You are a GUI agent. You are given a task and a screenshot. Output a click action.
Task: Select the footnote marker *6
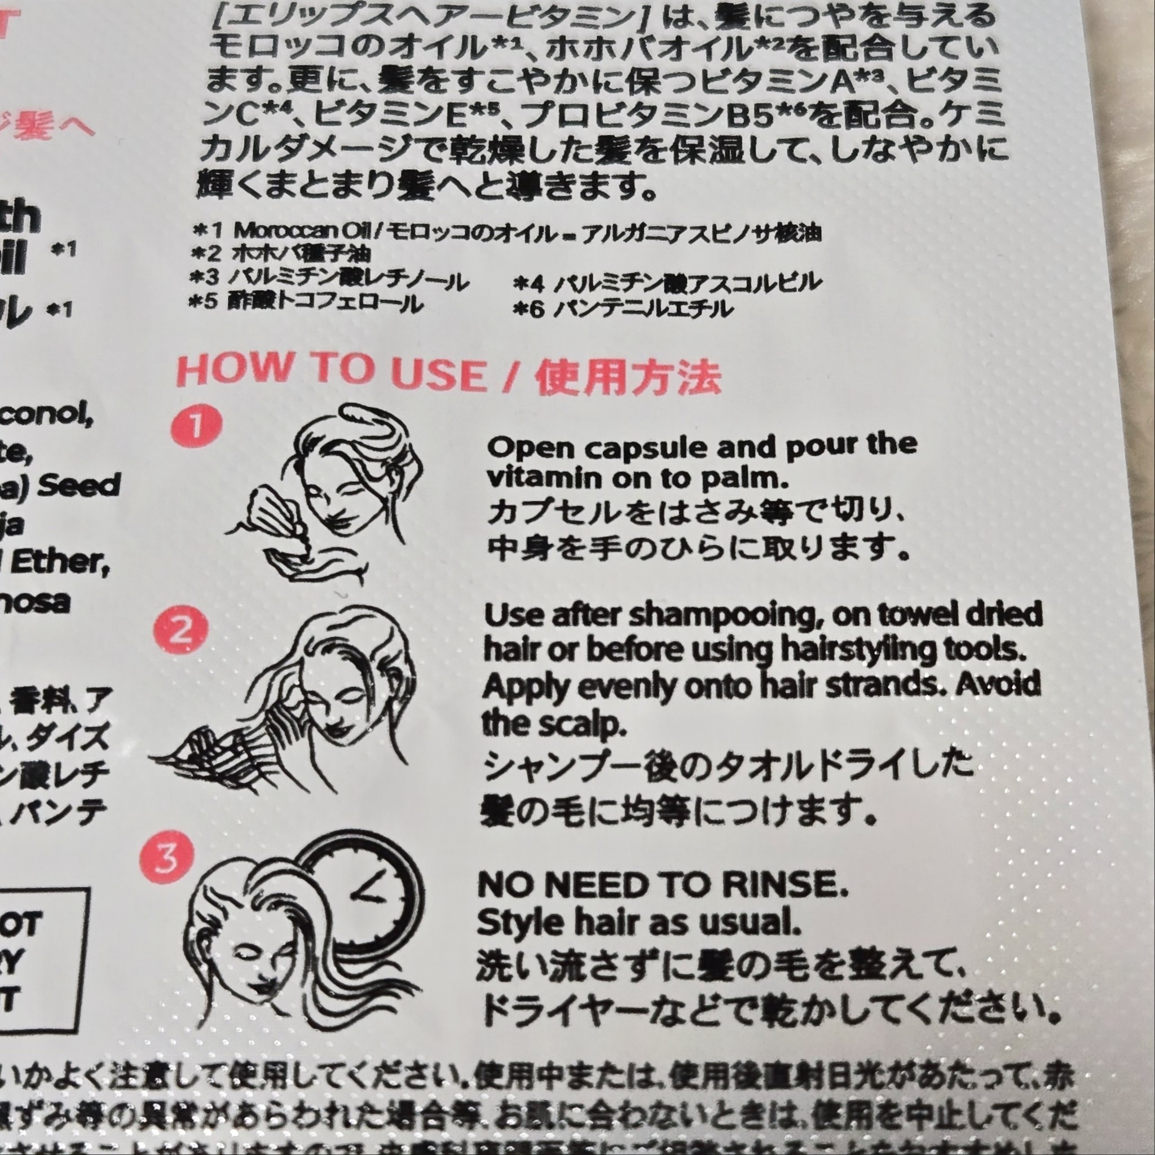pyautogui.click(x=529, y=310)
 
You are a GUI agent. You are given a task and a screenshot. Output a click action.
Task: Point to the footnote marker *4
pyautogui.click(x=527, y=283)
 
